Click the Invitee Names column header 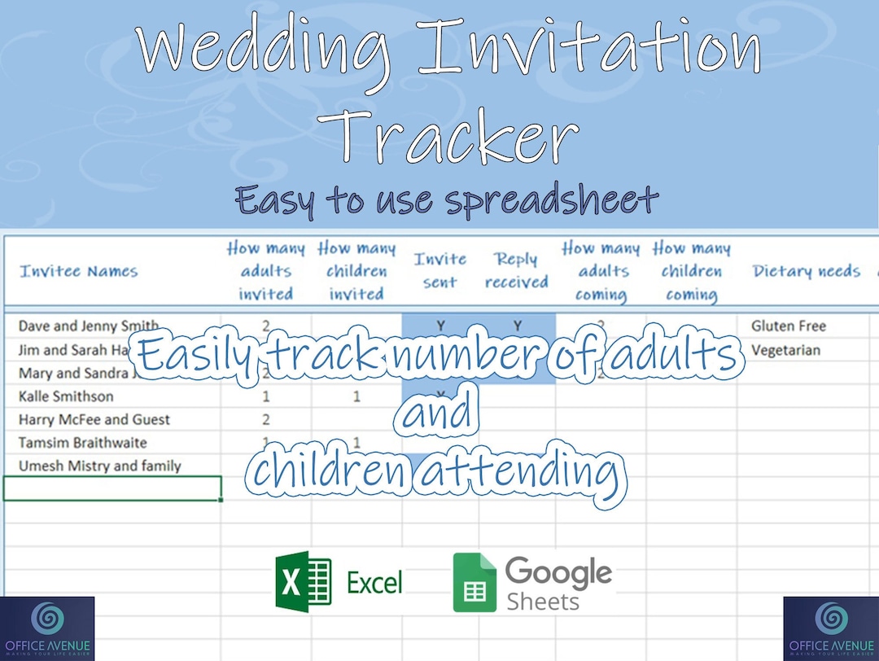pos(79,271)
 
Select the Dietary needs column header pos(806,271)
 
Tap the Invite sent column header pos(440,271)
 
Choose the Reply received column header pos(516,271)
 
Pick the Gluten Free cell pos(788,326)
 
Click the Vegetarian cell pos(785,350)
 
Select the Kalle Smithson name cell pos(66,396)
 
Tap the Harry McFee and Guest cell pos(94,420)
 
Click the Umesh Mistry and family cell pos(99,466)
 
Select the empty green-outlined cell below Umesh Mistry pos(112,488)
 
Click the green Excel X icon pos(303,581)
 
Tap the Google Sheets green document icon pos(474,583)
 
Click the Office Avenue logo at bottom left pos(47,628)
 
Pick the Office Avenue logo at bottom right pos(831,628)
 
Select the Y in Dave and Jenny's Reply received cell pos(517,326)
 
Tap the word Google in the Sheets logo pos(558,573)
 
